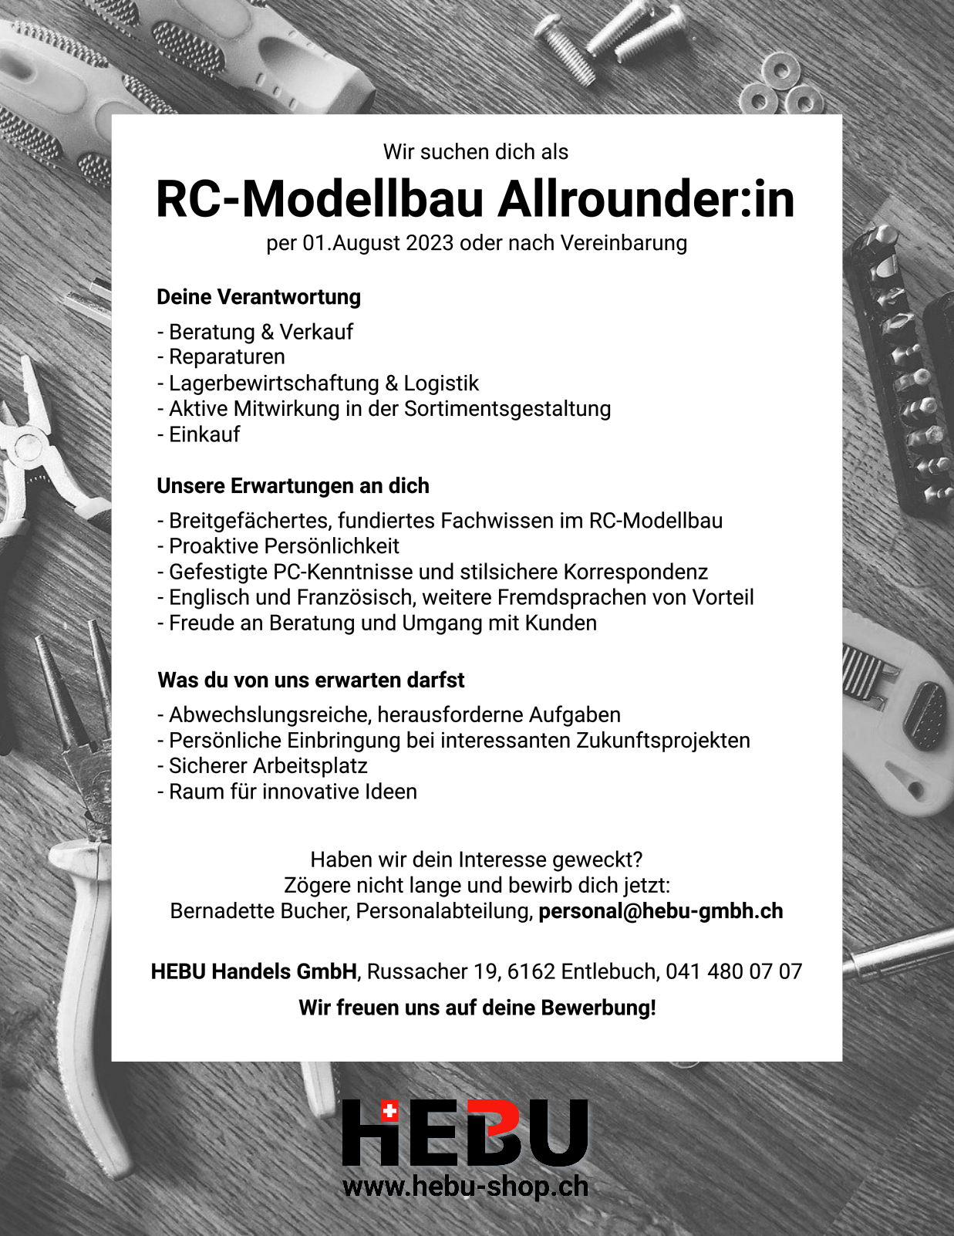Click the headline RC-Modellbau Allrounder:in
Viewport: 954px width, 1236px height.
pos(475,199)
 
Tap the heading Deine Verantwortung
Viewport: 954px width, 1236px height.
pos(258,297)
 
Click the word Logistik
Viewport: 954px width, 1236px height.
pos(441,383)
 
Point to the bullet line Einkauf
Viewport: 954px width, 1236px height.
pos(204,434)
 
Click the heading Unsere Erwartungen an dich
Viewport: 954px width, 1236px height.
pos(293,486)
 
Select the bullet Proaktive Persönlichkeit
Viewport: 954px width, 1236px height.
pos(284,546)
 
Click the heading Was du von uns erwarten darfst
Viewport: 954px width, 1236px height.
pos(311,680)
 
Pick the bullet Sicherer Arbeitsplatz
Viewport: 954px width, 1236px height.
pos(268,766)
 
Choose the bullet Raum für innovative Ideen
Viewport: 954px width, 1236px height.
pos(292,792)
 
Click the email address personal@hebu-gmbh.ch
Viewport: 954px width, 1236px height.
pos(661,911)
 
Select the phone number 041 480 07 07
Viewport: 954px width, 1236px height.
pos(734,971)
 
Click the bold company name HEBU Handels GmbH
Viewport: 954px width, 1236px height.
pos(254,971)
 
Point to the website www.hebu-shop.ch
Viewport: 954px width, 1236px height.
pos(465,1186)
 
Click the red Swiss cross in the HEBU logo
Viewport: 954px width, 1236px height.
pos(390,1112)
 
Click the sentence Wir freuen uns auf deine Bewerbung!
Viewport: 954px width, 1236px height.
pos(477,1008)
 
